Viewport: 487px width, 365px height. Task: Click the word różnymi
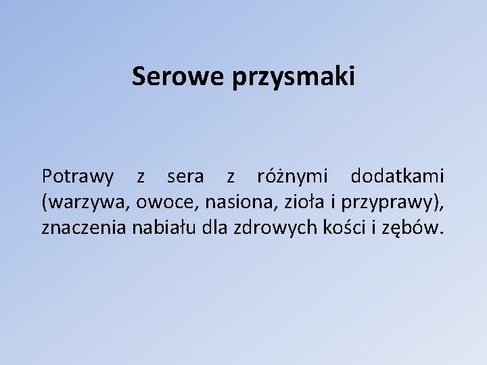tap(292, 177)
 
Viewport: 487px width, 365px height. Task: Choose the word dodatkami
tap(398, 177)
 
